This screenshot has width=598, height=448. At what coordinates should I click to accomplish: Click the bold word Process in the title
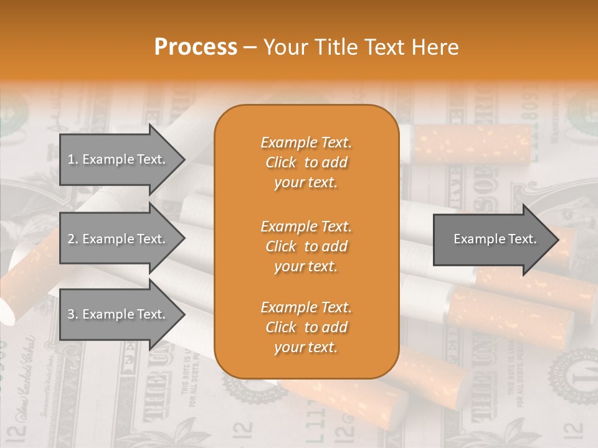[x=196, y=47]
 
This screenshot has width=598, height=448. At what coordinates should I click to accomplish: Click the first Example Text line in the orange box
[x=306, y=142]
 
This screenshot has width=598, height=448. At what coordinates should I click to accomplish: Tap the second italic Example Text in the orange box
[x=306, y=226]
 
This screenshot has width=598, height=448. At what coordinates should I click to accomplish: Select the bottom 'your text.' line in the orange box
[x=306, y=347]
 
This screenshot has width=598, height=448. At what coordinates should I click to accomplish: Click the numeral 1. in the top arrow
[x=73, y=159]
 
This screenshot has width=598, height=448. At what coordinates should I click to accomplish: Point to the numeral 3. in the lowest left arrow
[x=73, y=314]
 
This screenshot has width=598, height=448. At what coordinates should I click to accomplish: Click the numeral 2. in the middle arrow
[x=73, y=239]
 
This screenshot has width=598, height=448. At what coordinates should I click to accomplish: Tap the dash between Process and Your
[x=250, y=47]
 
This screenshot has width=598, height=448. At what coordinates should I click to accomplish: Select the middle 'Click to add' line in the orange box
[x=306, y=246]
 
